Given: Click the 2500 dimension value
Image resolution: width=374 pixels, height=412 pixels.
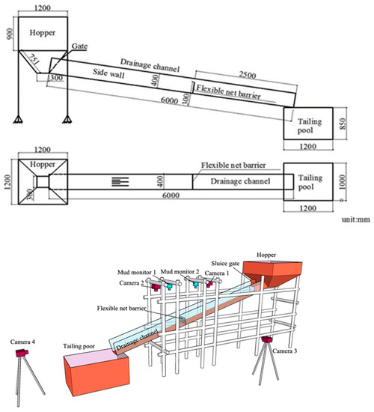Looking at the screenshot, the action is [x=247, y=75].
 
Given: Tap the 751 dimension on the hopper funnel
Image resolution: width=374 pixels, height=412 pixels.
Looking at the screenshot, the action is [x=34, y=59].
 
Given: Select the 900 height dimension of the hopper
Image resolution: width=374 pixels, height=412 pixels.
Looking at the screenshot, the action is [x=10, y=34].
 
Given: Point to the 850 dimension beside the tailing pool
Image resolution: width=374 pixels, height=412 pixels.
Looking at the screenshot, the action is [x=343, y=124].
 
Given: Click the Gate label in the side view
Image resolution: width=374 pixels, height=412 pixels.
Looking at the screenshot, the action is [x=79, y=46].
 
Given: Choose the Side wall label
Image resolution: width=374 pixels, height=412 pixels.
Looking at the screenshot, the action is [x=108, y=73].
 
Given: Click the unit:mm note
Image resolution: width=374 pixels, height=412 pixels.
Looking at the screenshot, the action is [x=355, y=219].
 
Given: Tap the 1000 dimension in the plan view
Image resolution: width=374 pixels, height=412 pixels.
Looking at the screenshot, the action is [x=343, y=182].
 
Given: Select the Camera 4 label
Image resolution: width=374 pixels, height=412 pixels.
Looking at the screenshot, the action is [x=22, y=342].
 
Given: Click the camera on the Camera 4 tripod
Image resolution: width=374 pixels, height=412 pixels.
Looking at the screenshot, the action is [x=22, y=353].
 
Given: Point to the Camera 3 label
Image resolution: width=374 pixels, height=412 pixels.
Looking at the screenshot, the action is [x=284, y=351].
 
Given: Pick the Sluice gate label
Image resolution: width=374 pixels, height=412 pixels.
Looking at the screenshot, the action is [x=225, y=264].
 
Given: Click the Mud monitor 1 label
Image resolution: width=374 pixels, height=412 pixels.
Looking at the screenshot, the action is [x=136, y=273].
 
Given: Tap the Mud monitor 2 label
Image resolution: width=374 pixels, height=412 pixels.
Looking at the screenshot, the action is [x=180, y=271].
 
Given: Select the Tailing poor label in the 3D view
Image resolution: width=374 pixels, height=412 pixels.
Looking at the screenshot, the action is [x=79, y=346].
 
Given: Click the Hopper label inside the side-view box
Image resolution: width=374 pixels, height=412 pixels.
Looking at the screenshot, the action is [x=43, y=33].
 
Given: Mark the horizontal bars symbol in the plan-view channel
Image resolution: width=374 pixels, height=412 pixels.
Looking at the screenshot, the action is [x=120, y=182].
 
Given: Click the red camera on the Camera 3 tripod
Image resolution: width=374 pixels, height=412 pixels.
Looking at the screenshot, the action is [x=267, y=339].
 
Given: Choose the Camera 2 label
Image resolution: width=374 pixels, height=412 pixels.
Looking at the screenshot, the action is [x=132, y=283].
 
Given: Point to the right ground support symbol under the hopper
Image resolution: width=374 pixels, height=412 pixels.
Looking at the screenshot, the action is [x=67, y=120].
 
